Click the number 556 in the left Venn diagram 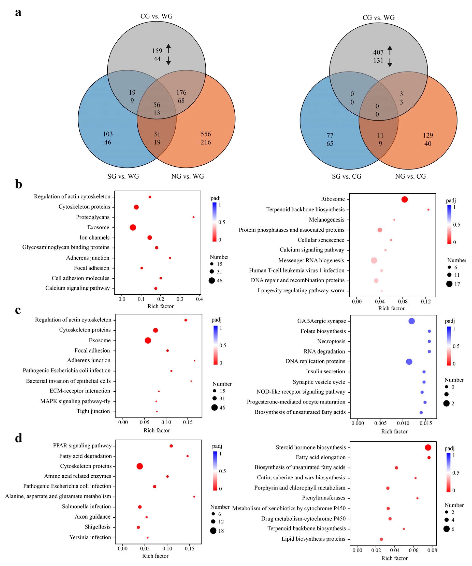(x=206, y=134)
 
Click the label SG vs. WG (x=123, y=176)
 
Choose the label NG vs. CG (x=410, y=176)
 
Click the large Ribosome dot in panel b (x=404, y=200)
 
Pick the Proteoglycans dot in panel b (x=193, y=217)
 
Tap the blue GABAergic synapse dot (x=411, y=321)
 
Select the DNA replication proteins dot (x=409, y=362)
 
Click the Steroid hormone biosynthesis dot (x=428, y=447)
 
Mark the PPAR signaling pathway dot (x=171, y=446)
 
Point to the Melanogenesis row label (x=327, y=220)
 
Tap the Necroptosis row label (x=331, y=341)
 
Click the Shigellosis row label (x=98, y=527)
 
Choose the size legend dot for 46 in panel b (x=212, y=281)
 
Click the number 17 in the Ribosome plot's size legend (x=457, y=284)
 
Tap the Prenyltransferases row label (x=323, y=498)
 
